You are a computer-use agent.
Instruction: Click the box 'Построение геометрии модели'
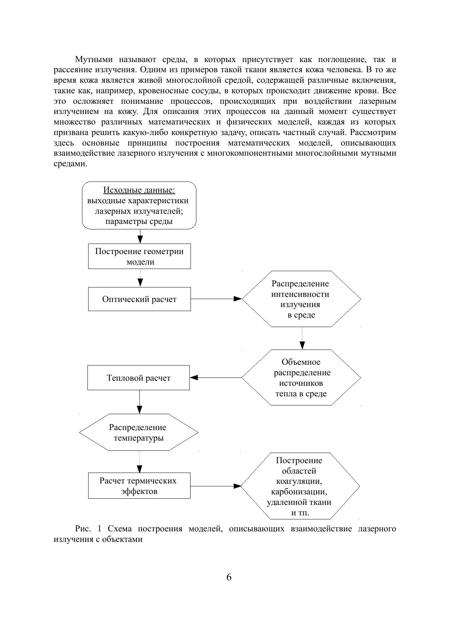pyautogui.click(x=139, y=256)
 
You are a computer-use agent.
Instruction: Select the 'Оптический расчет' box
pyautogui.click(x=139, y=299)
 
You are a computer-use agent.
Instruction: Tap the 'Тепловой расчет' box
pyautogui.click(x=139, y=378)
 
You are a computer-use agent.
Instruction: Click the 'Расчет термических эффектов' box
pyautogui.click(x=139, y=486)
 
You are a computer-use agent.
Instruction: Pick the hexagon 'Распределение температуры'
pyautogui.click(x=139, y=432)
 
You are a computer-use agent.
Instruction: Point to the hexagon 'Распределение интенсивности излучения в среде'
pyautogui.click(x=301, y=299)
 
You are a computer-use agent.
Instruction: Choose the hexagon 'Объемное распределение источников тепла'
pyautogui.click(x=301, y=377)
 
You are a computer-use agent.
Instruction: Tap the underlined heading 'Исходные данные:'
pyautogui.click(x=139, y=190)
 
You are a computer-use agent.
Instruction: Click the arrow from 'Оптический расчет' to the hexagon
pyautogui.click(x=216, y=299)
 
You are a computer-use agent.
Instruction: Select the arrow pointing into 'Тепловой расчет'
pyautogui.click(x=216, y=377)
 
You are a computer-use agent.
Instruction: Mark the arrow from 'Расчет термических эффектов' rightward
pyautogui.click(x=216, y=486)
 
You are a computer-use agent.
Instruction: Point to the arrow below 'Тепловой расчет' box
pyautogui.click(x=139, y=402)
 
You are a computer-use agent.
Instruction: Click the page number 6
pyautogui.click(x=229, y=577)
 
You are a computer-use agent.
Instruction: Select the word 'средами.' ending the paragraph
pyautogui.click(x=70, y=164)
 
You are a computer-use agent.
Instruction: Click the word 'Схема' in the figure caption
pyautogui.click(x=119, y=529)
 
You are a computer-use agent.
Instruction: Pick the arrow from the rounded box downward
pyautogui.click(x=140, y=236)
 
